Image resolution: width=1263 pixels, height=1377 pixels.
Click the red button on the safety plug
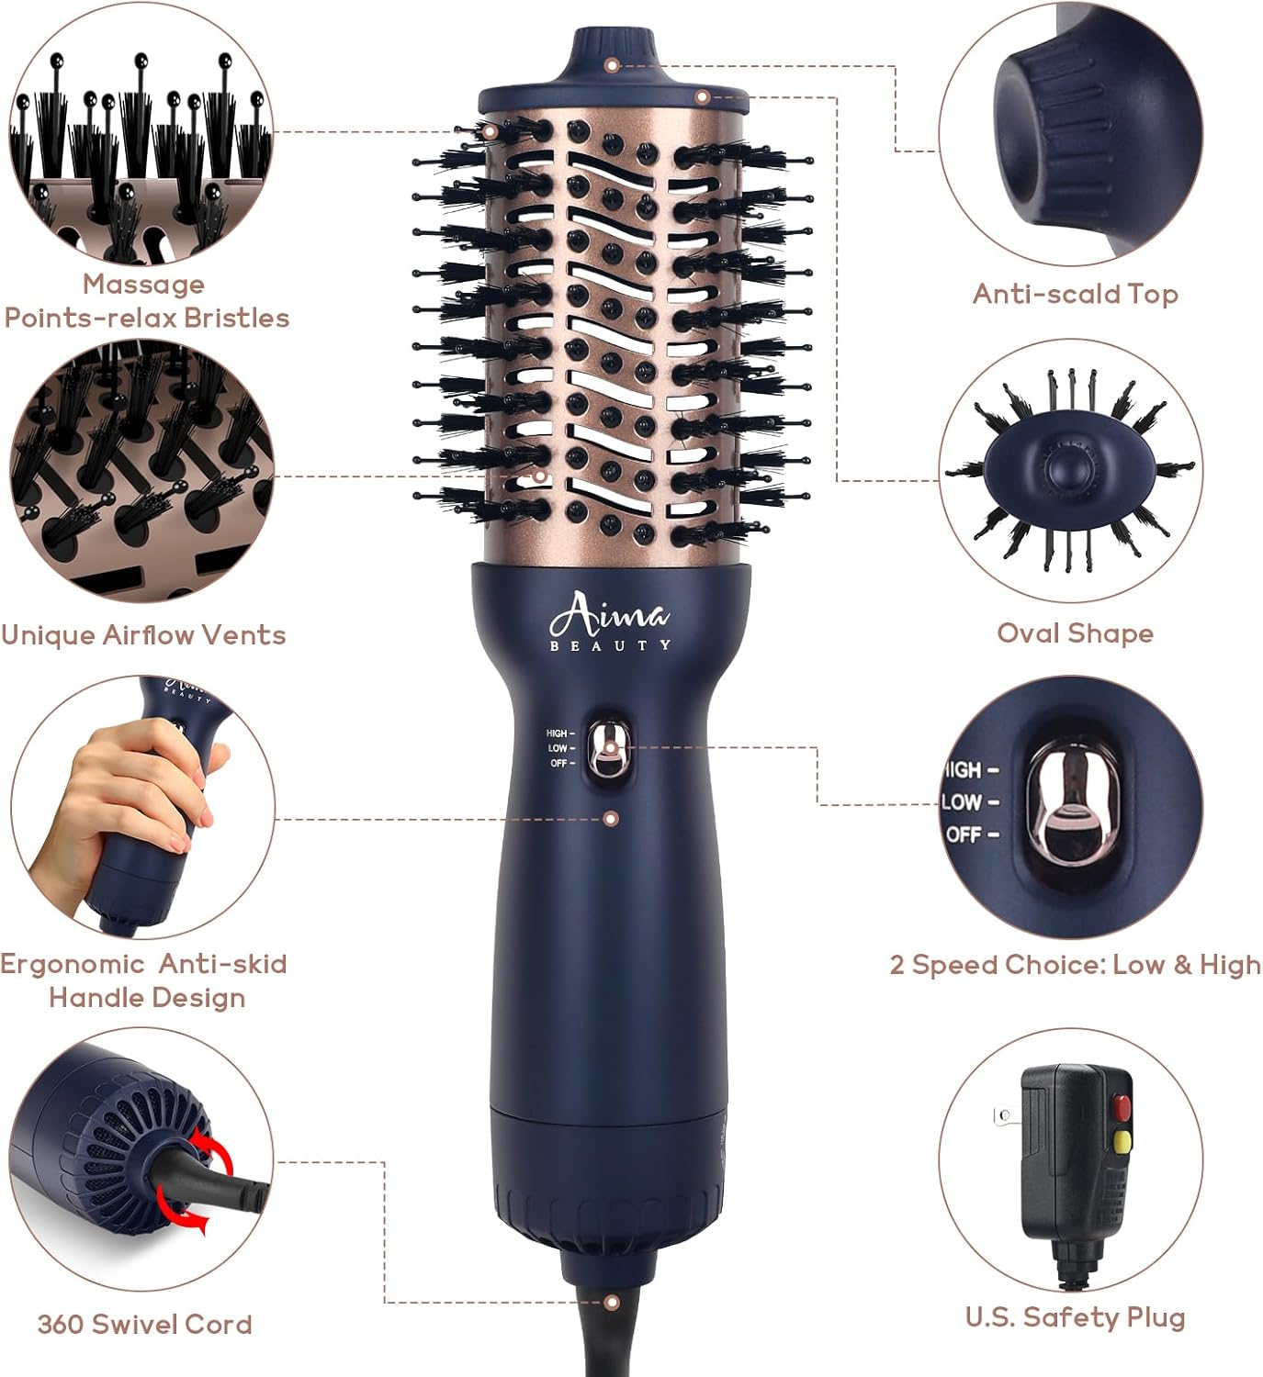coord(1122,1106)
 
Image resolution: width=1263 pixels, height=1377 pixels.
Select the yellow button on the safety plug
coord(1122,1141)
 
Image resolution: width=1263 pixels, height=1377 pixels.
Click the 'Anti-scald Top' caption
coord(1076,294)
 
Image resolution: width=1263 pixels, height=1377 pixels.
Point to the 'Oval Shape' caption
coord(1076,633)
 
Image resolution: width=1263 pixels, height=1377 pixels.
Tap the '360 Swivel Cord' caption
coord(144,1324)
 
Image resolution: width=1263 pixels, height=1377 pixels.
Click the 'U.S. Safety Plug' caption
coord(1076,1317)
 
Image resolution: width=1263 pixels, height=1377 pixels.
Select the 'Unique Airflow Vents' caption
coord(143,635)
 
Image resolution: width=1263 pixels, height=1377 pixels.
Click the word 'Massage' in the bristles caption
coord(143,285)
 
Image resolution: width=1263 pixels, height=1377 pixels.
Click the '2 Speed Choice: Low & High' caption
coord(1076,965)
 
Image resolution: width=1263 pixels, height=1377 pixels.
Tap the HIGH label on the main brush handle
coord(557,733)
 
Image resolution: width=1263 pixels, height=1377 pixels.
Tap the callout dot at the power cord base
coord(612,1302)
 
